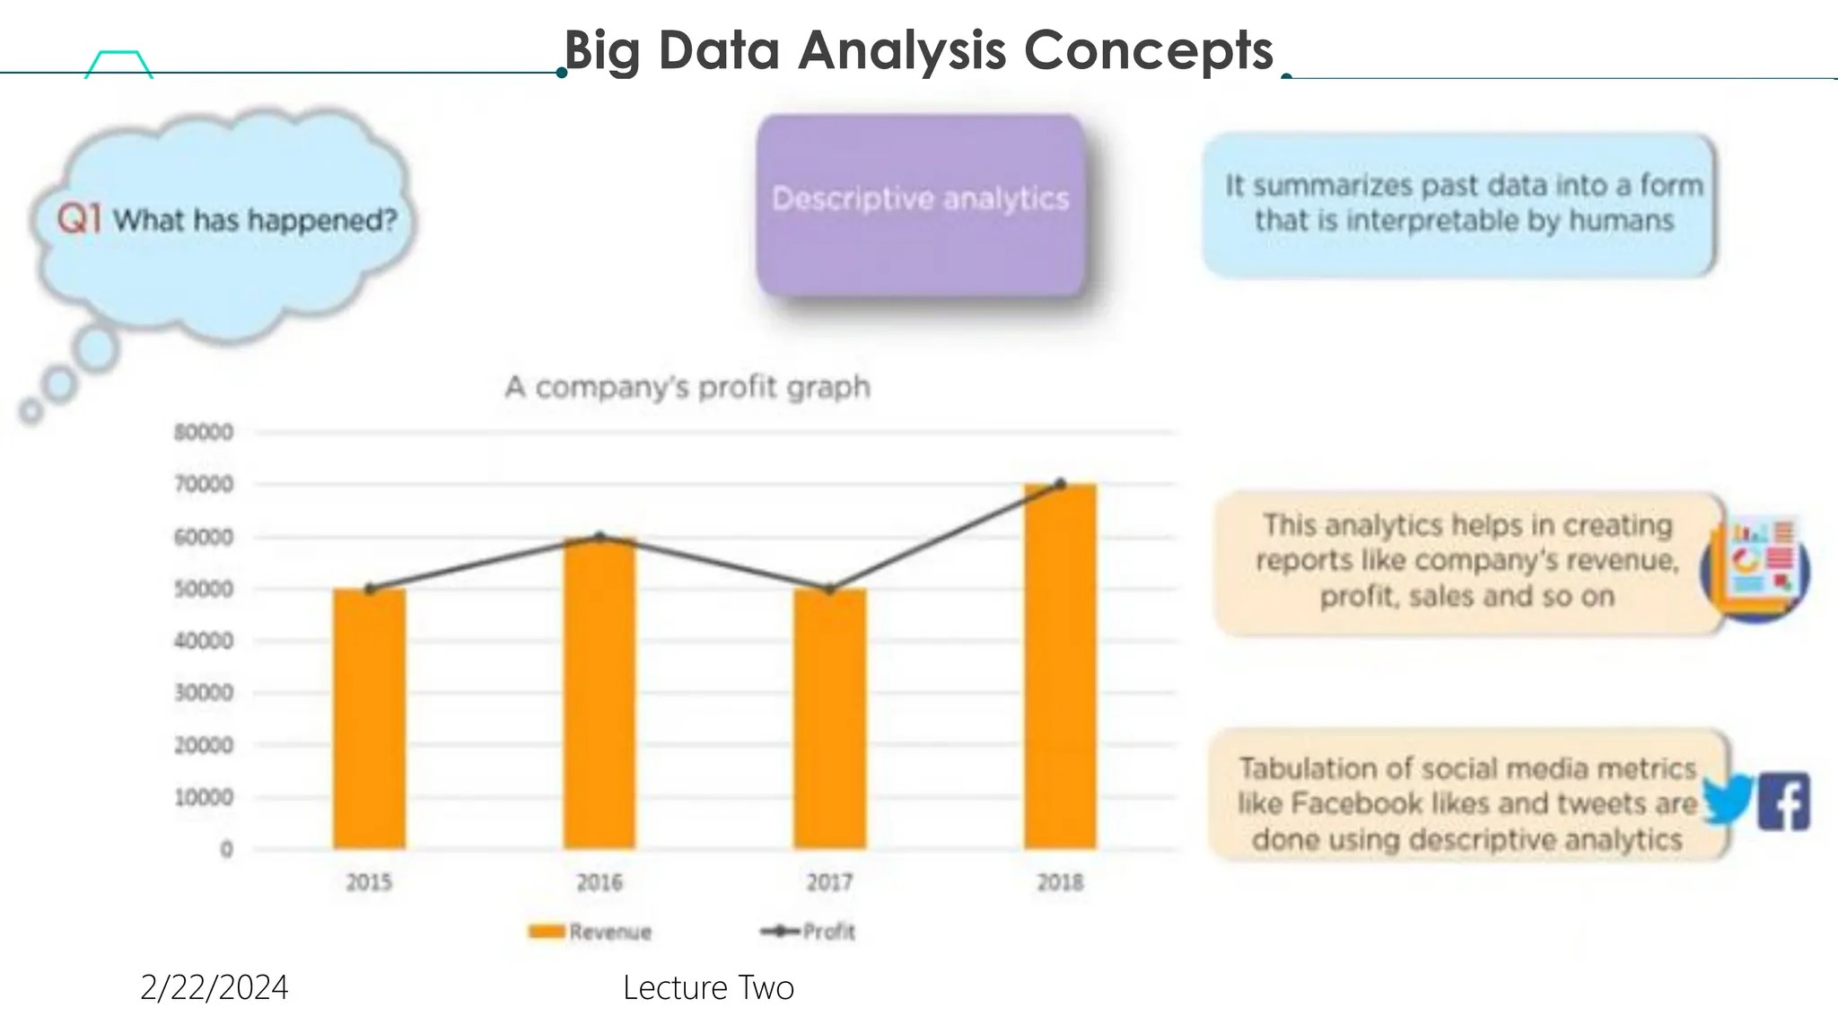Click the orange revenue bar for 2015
[369, 718]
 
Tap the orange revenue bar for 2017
[829, 718]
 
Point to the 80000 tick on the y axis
[204, 433]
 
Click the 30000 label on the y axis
[204, 693]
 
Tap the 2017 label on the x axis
[829, 882]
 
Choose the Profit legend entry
[808, 932]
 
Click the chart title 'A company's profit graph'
[687, 387]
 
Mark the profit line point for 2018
[1061, 484]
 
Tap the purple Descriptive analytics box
[920, 205]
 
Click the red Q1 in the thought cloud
[79, 218]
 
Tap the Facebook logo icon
[1783, 801]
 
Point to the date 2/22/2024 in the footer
[214, 987]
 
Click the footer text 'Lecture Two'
[708, 987]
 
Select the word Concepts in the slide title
[1148, 50]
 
